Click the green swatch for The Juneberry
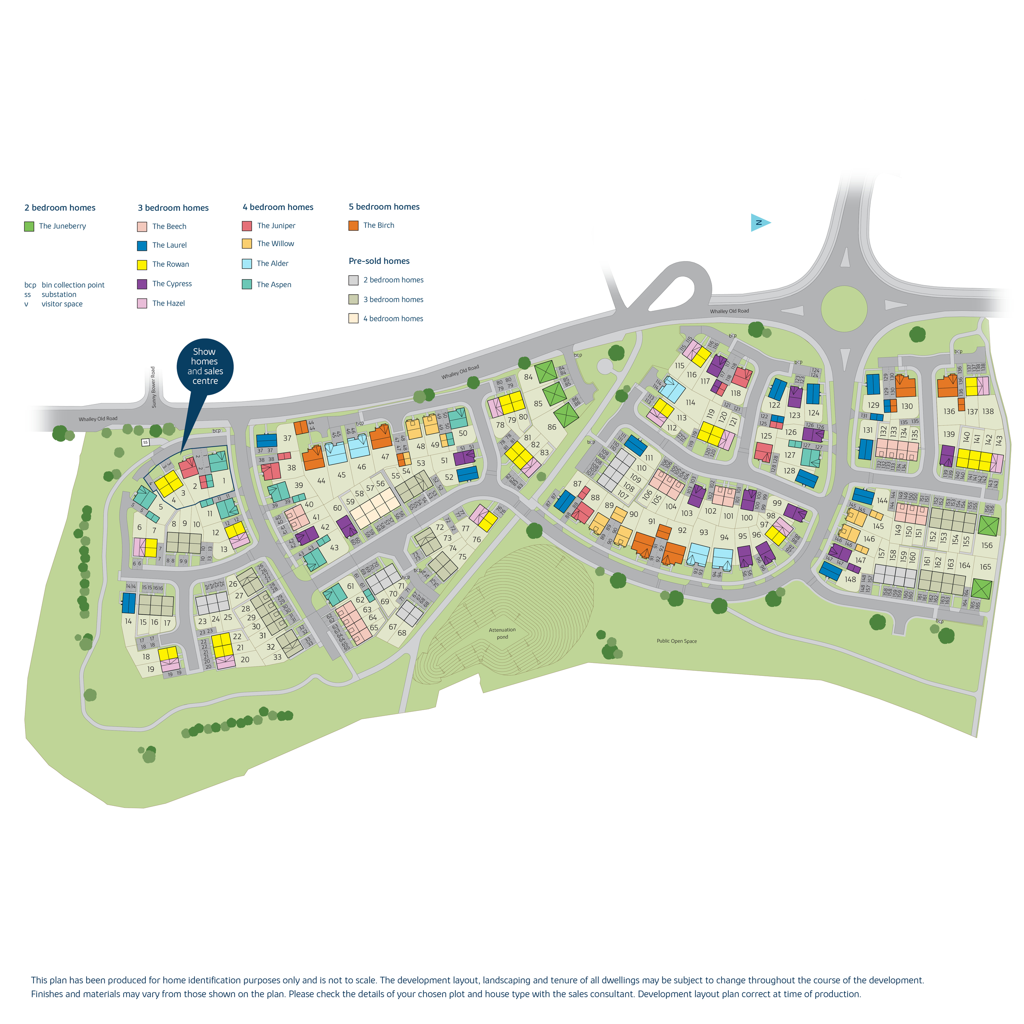coord(29,226)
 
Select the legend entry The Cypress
coord(172,284)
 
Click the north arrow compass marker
coord(759,223)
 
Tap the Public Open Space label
coord(676,641)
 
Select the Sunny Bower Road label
coord(154,387)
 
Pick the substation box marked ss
coord(145,442)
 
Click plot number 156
coord(986,545)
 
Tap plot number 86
coord(552,427)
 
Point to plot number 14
coord(128,621)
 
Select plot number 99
coord(777,503)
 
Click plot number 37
coord(287,438)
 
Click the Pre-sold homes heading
coord(379,261)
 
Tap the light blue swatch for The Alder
coord(247,264)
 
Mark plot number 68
coord(402,633)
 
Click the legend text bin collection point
coord(73,285)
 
